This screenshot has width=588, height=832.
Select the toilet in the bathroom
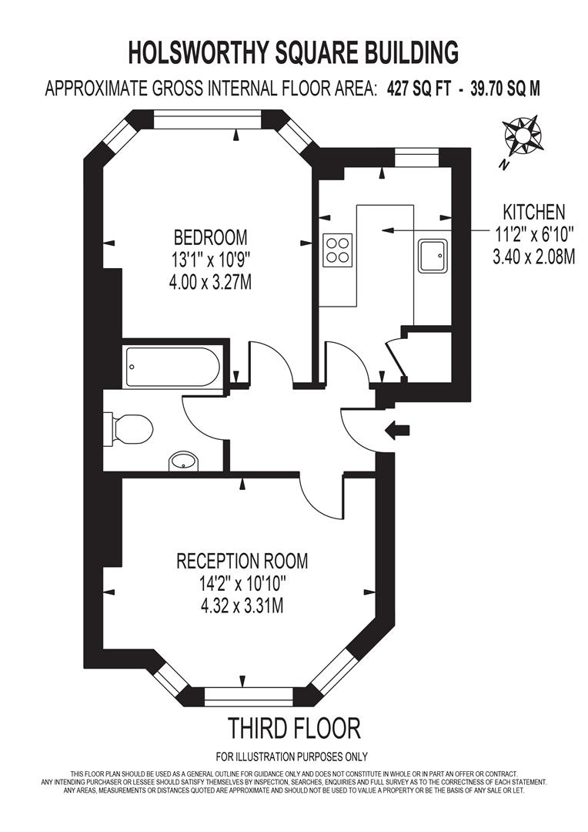pos(132,428)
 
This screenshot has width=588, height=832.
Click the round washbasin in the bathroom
pos(183,461)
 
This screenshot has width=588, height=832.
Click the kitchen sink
pos(433,256)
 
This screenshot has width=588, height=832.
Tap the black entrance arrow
pos(397,431)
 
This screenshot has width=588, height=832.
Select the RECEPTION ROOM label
pos(242,560)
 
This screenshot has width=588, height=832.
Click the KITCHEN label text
pos(534,211)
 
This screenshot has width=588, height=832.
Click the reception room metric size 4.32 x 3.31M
pos(242,606)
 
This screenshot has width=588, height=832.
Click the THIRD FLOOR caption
pos(293,727)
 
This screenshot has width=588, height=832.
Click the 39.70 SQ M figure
pos(501,89)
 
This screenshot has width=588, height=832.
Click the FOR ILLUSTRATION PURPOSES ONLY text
pos(292,757)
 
